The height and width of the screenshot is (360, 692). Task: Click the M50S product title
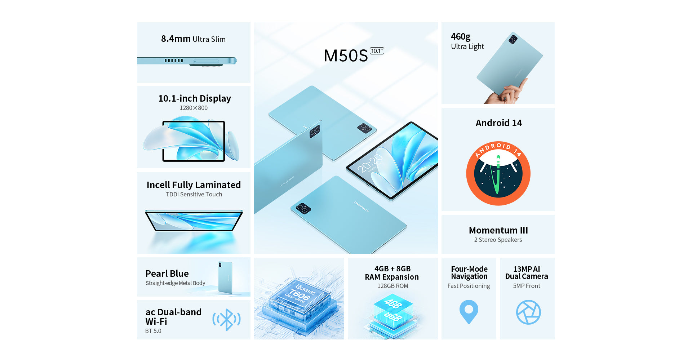346,56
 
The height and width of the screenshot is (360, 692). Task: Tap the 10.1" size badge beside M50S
377,51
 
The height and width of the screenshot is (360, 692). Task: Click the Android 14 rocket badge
498,173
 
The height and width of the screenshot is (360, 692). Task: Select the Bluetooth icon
226,319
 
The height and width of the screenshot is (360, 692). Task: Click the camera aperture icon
528,312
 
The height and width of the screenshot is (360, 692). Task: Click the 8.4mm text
176,39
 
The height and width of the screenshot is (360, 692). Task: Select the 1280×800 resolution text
194,108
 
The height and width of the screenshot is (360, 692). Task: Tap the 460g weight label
461,36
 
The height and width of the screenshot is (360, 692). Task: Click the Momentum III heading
498,230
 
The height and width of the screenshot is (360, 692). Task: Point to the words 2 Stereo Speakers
498,240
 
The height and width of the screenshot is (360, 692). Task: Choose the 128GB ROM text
392,286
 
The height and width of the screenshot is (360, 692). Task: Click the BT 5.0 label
153,331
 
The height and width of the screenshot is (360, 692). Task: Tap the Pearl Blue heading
167,274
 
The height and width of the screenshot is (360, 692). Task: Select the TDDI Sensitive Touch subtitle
194,194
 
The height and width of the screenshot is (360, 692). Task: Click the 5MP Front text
527,286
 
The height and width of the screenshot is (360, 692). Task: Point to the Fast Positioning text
469,286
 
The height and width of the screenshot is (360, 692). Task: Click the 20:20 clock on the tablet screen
370,163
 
